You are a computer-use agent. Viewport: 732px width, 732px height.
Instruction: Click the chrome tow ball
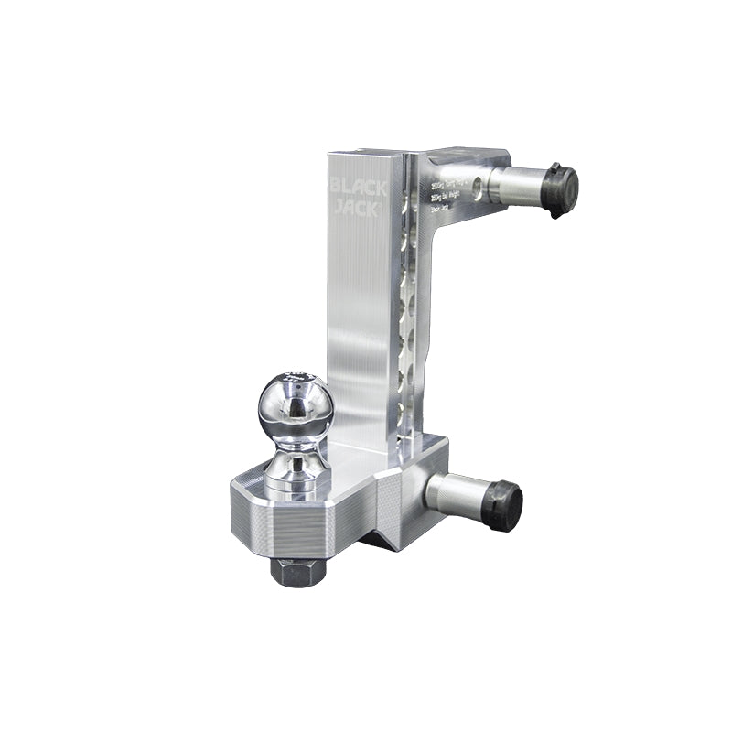pyautogui.click(x=295, y=408)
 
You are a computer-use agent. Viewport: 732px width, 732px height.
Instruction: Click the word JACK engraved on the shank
pyautogui.click(x=358, y=208)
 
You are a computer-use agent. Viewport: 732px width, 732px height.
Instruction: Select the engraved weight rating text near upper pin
pyautogui.click(x=448, y=195)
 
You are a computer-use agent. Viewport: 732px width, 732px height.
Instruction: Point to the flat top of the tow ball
pyautogui.click(x=295, y=376)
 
